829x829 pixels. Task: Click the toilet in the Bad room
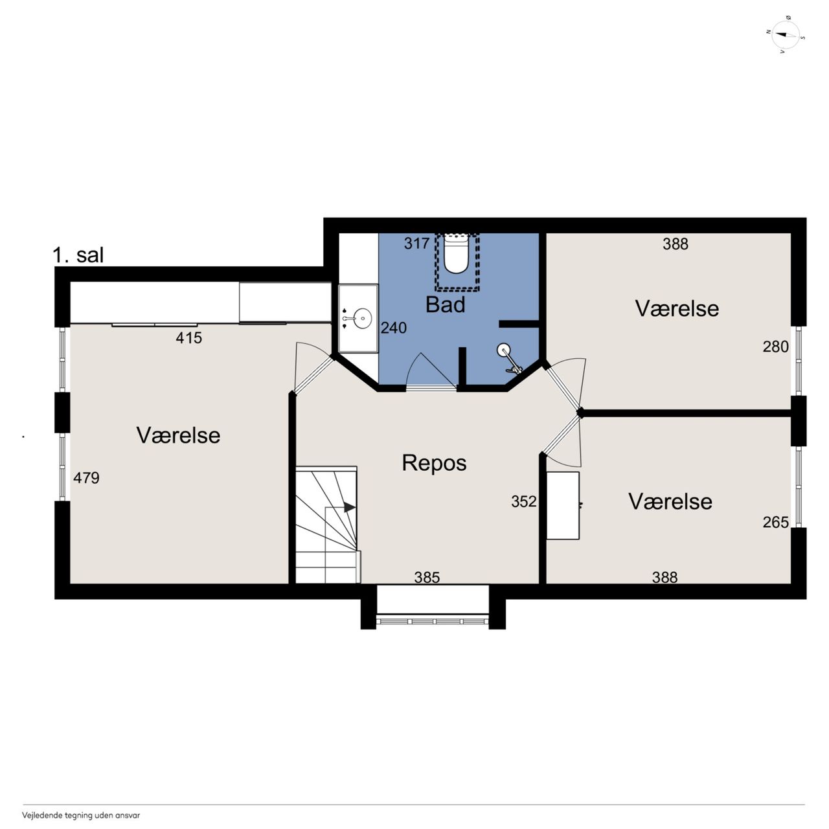[456, 256]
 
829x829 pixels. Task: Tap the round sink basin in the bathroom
[363, 319]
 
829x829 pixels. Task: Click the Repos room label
[434, 463]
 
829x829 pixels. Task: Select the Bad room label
[445, 304]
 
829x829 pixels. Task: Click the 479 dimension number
[86, 478]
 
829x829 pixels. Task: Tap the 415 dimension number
[188, 338]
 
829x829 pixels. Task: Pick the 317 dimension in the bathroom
[416, 244]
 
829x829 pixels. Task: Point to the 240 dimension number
[394, 328]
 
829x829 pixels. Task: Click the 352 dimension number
[523, 502]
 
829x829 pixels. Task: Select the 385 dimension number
[427, 577]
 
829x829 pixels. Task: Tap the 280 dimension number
[775, 346]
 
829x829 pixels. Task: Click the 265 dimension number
[775, 522]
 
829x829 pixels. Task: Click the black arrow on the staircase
[349, 508]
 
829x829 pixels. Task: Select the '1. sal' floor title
[78, 255]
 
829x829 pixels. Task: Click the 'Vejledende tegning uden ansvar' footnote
[81, 815]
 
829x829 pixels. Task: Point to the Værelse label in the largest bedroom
[178, 435]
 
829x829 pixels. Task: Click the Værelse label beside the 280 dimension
[677, 308]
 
